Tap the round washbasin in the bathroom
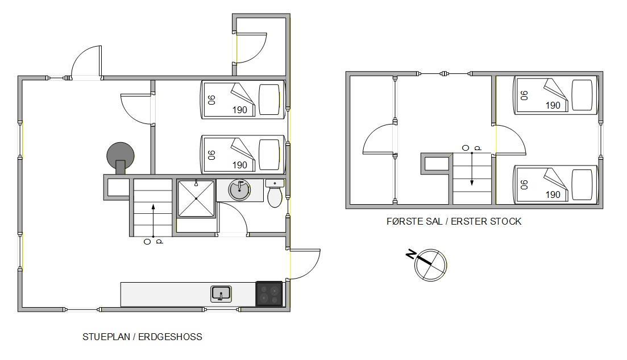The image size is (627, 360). (x=239, y=189)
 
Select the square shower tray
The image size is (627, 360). (x=196, y=198)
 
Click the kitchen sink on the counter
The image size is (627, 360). (x=221, y=294)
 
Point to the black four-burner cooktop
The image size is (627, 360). (x=269, y=294)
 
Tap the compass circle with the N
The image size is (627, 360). (x=430, y=265)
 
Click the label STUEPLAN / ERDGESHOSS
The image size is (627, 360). (x=142, y=337)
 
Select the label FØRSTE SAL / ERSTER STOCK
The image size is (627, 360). (x=454, y=221)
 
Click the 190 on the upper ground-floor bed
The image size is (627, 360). (x=239, y=110)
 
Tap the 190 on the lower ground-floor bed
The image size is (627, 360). (x=239, y=165)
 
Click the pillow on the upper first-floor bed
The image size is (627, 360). (x=582, y=95)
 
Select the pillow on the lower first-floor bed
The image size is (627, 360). (x=582, y=185)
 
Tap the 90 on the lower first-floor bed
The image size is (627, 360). (x=524, y=185)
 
